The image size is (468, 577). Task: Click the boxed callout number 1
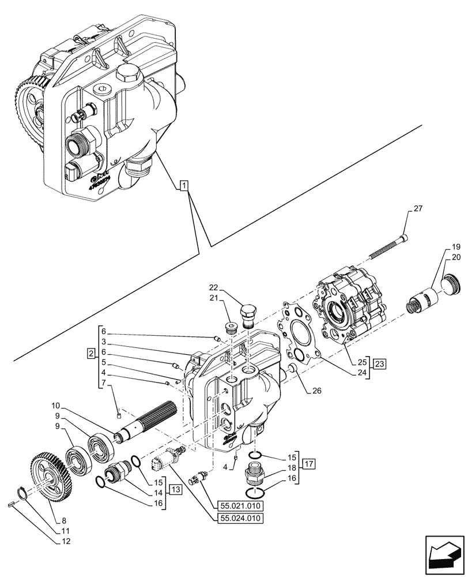pyautogui.click(x=183, y=185)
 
